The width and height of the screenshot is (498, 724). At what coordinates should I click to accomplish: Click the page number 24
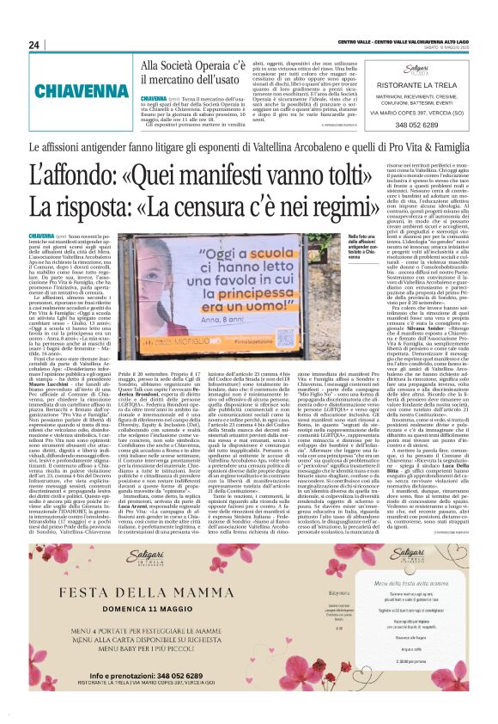pyautogui.click(x=35, y=45)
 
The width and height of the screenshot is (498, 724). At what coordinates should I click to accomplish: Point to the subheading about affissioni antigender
pyautogui.click(x=249, y=148)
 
